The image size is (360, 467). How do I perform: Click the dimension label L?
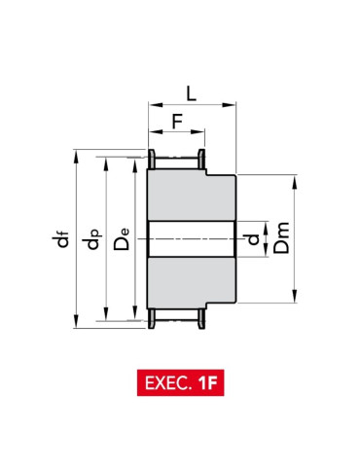click(x=192, y=93)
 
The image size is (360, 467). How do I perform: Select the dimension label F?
click(x=177, y=122)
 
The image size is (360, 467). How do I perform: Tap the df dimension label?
click(x=60, y=239)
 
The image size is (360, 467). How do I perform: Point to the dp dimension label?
click(x=92, y=239)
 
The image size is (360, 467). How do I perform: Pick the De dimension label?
click(x=122, y=239)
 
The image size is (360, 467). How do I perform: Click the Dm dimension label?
click(x=281, y=237)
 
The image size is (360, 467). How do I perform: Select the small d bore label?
click(x=253, y=239)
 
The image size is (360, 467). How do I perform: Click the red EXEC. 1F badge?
click(x=180, y=382)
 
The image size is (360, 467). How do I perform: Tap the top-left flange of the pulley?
click(x=152, y=160)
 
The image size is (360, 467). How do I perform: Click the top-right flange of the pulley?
click(x=201, y=160)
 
